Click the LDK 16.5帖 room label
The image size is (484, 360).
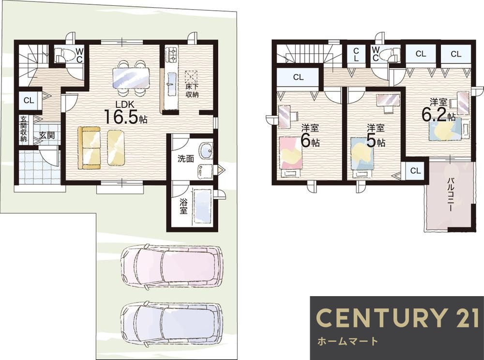click(125, 112)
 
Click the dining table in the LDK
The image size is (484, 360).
click(131, 78)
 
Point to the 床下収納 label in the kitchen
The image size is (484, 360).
click(192, 90)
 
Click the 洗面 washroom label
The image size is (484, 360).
click(185, 159)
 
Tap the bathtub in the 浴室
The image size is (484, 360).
click(202, 206)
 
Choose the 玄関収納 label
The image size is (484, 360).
click(23, 129)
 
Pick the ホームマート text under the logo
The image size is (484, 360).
click(347, 341)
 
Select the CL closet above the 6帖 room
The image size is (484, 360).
click(298, 77)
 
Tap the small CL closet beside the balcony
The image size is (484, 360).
click(415, 171)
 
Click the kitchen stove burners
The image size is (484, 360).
click(171, 54)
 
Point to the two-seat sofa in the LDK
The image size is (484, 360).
click(90, 148)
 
